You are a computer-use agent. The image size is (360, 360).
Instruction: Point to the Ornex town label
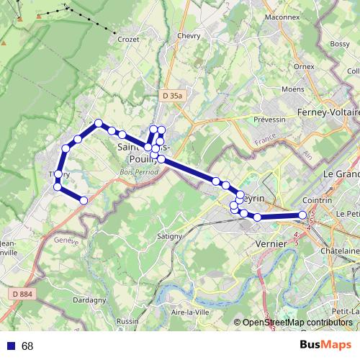(x=304, y=66)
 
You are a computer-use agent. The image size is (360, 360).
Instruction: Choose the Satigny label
(x=170, y=235)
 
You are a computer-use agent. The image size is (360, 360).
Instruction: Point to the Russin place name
(x=127, y=321)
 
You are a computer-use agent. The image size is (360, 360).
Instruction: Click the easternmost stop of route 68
(x=302, y=215)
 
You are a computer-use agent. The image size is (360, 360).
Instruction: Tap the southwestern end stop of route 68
(x=84, y=200)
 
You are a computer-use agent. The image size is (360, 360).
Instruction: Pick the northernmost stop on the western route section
(x=99, y=123)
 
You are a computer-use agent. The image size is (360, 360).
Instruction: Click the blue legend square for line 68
(x=11, y=346)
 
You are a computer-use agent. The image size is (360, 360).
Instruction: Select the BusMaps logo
(x=325, y=346)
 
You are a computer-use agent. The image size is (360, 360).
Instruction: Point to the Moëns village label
(x=293, y=89)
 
